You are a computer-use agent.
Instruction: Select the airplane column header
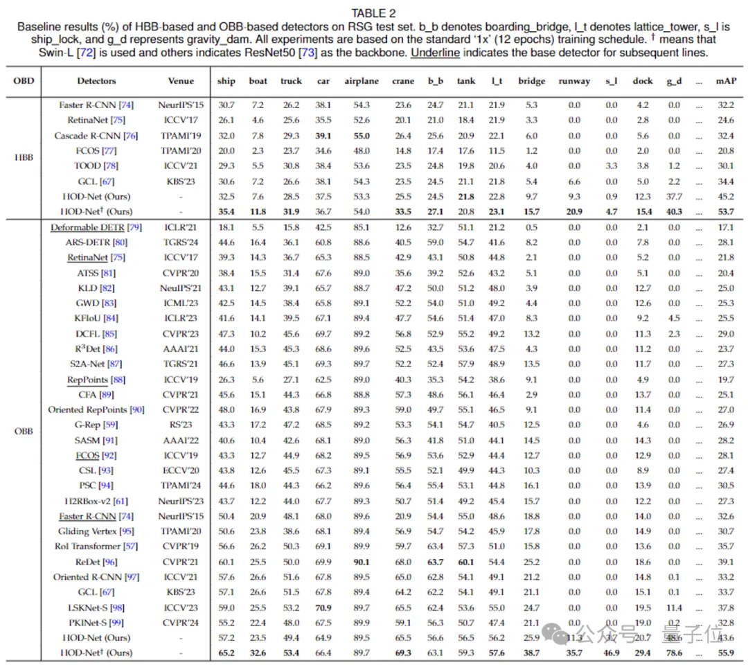[362, 81]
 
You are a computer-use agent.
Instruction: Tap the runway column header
[574, 81]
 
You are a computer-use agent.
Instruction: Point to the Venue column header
[181, 81]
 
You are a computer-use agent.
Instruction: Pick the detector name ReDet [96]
[96, 562]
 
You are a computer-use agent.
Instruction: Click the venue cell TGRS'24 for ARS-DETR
[181, 242]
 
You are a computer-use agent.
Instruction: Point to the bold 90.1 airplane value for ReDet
[362, 562]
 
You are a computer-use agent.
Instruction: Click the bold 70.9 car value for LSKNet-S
[323, 608]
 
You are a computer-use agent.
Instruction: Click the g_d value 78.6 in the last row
[674, 653]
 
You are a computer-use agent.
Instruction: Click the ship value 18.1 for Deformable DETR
[226, 227]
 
